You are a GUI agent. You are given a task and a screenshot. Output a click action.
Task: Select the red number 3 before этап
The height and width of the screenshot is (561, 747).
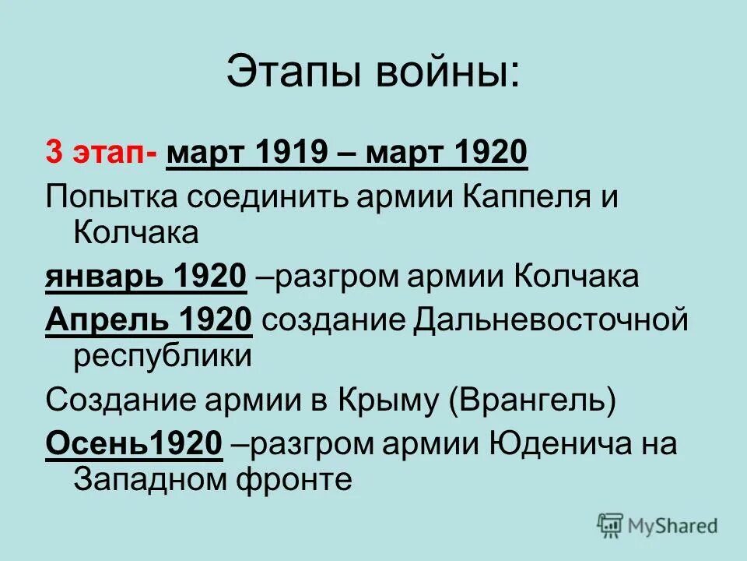pyautogui.click(x=54, y=151)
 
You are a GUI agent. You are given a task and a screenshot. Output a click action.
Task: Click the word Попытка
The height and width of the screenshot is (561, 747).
pyautogui.click(x=108, y=196)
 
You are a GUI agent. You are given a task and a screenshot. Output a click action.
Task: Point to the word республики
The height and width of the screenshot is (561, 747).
pyautogui.click(x=163, y=358)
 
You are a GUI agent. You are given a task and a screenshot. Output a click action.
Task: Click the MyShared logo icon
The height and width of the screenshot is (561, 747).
pyautogui.click(x=610, y=526)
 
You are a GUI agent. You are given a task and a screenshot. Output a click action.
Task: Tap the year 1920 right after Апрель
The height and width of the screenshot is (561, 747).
pyautogui.click(x=215, y=319)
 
